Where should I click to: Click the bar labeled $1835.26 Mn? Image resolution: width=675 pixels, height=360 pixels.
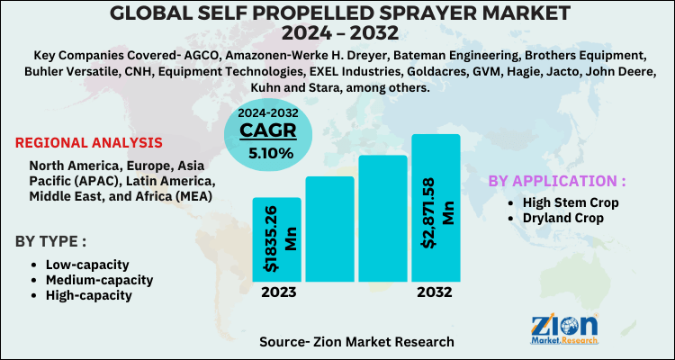[x=276, y=238]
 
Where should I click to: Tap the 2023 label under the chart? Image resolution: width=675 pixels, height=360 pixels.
[x=277, y=292]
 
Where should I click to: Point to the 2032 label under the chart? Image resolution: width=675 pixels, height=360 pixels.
[x=435, y=292]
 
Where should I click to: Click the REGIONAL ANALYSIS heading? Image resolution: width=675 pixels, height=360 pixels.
[x=89, y=143]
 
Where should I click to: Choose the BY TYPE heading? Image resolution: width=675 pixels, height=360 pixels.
[x=50, y=240]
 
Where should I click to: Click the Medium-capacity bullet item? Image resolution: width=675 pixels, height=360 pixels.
[x=98, y=280]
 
